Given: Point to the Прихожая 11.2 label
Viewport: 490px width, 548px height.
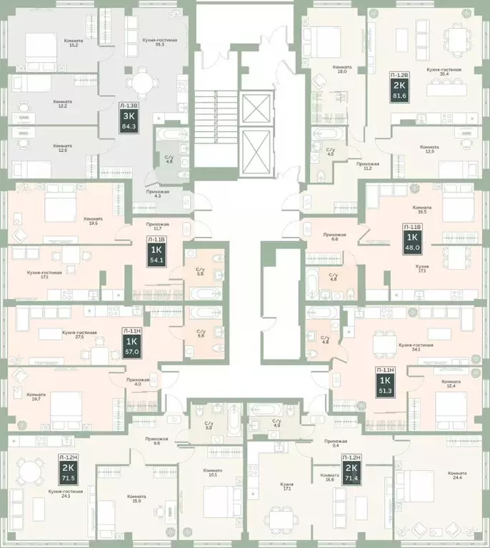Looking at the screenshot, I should (369, 167).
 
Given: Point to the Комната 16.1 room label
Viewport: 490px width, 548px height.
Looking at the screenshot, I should (212, 473).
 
